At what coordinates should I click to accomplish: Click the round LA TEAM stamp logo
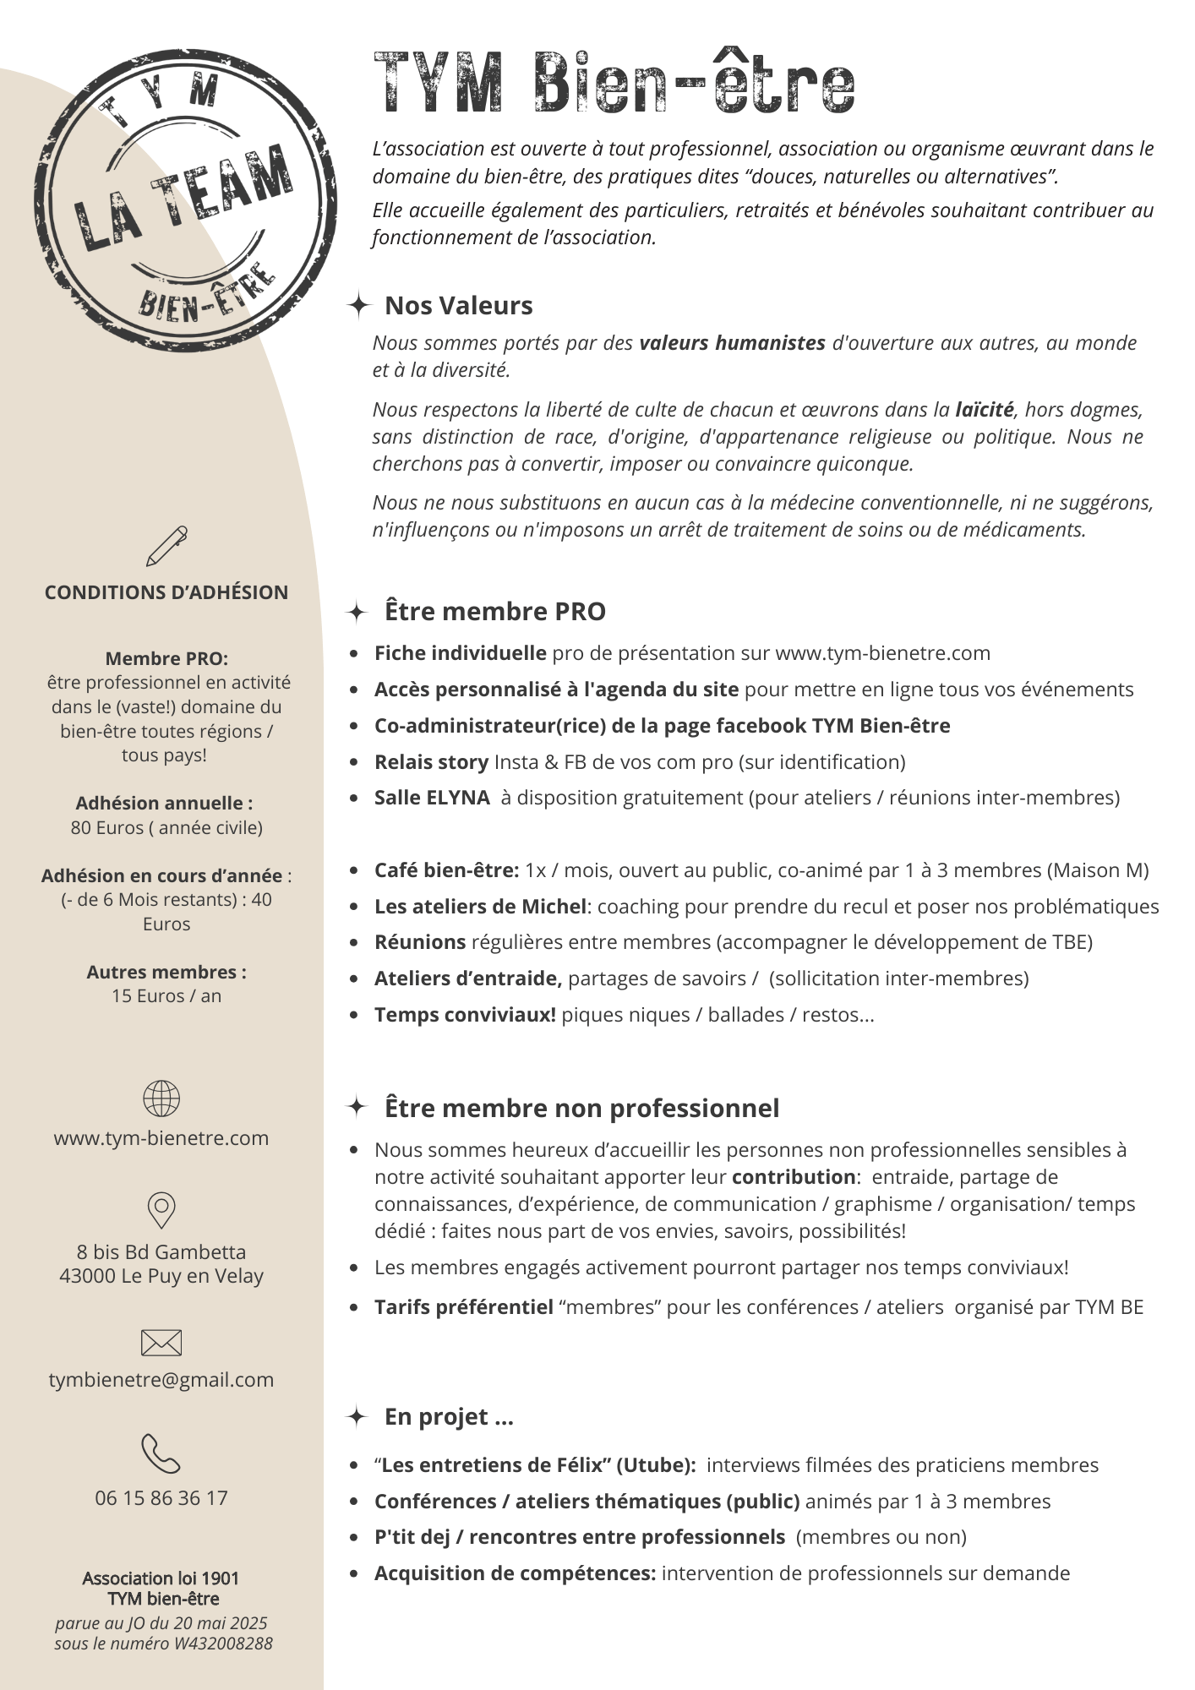coord(185,201)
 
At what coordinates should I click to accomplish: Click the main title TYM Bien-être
coord(614,83)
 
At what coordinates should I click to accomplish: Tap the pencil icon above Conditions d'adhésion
coord(166,546)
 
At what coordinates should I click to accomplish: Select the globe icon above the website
coord(161,1098)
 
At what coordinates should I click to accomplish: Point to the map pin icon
coord(161,1209)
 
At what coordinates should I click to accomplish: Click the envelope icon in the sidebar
coord(161,1342)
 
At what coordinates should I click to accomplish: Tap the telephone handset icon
coord(161,1453)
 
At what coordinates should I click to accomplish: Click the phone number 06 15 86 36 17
coord(161,1498)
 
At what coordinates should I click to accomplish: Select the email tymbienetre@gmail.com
coord(161,1380)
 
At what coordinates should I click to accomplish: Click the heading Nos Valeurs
coord(458,306)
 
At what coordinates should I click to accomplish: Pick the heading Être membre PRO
coord(494,612)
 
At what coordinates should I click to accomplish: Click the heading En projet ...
coord(448,1417)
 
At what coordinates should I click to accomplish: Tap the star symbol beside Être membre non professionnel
coord(357,1107)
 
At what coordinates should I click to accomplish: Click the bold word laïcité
coord(984,410)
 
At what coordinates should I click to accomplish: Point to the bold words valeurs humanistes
coord(732,343)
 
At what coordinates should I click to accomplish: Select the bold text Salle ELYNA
coord(432,798)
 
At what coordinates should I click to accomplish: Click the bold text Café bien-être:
coord(446,870)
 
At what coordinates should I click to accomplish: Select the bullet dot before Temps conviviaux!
coord(354,1016)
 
